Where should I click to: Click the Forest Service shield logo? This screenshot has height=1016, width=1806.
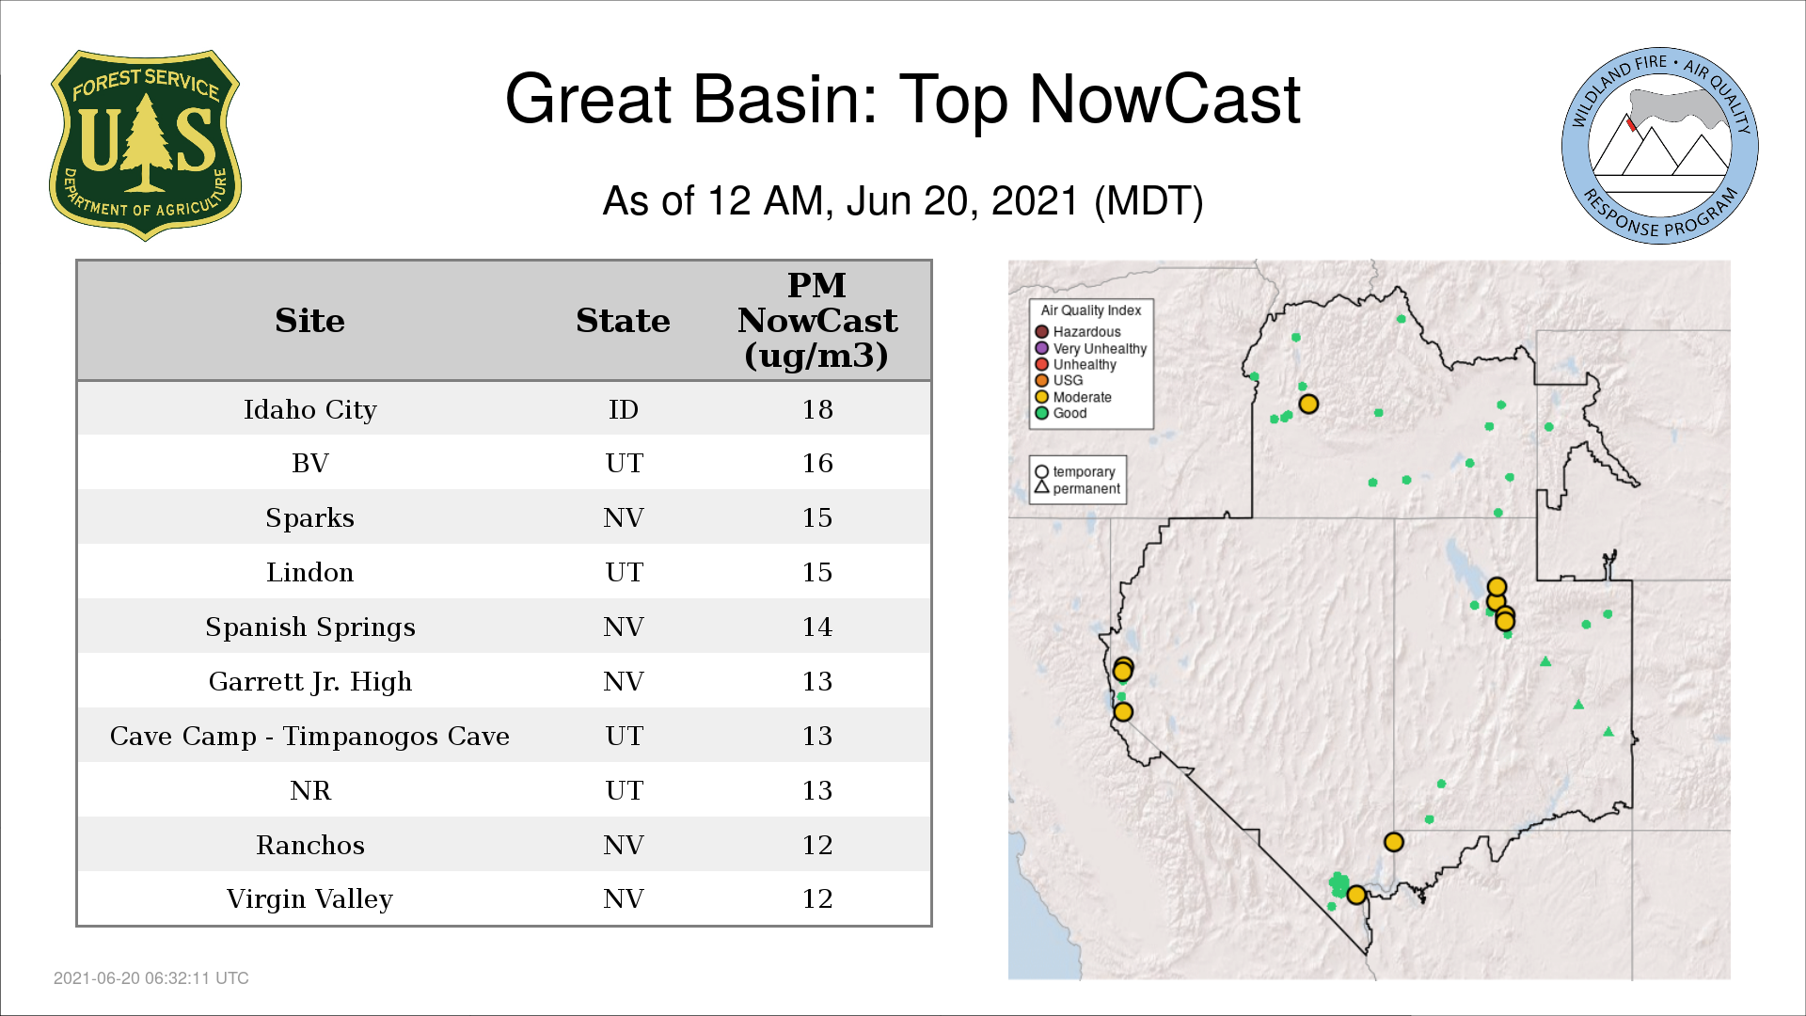pyautogui.click(x=145, y=146)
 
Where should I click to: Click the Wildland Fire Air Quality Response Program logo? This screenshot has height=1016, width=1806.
pyautogui.click(x=1660, y=146)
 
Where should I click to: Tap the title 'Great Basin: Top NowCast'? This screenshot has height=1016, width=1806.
pyautogui.click(x=903, y=99)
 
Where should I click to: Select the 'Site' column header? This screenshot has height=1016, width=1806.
pyautogui.click(x=309, y=321)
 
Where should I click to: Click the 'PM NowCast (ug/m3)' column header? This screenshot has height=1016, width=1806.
pyautogui.click(x=817, y=320)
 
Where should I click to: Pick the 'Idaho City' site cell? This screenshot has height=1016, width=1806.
pyautogui.click(x=309, y=410)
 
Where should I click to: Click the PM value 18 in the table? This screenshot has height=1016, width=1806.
pyautogui.click(x=817, y=409)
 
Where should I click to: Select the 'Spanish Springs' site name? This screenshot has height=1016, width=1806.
pyautogui.click(x=309, y=627)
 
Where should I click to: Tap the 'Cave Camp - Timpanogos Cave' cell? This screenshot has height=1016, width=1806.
pyautogui.click(x=309, y=737)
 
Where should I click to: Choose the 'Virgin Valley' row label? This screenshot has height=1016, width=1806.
pyautogui.click(x=309, y=899)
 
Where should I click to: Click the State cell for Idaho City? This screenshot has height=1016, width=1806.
pyautogui.click(x=624, y=409)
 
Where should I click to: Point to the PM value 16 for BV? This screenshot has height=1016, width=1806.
pyautogui.click(x=817, y=463)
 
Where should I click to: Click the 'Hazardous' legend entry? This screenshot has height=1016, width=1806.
pyautogui.click(x=1078, y=332)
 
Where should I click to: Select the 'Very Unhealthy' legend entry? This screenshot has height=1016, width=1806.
pyautogui.click(x=1091, y=348)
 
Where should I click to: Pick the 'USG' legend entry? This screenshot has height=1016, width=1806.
pyautogui.click(x=1059, y=381)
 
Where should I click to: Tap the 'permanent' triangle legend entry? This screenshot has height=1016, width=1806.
pyautogui.click(x=1077, y=488)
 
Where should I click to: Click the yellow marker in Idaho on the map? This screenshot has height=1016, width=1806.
pyautogui.click(x=1308, y=405)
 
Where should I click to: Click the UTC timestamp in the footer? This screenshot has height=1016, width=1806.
pyautogui.click(x=151, y=978)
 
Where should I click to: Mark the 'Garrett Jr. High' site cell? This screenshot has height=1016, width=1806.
pyautogui.click(x=309, y=682)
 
